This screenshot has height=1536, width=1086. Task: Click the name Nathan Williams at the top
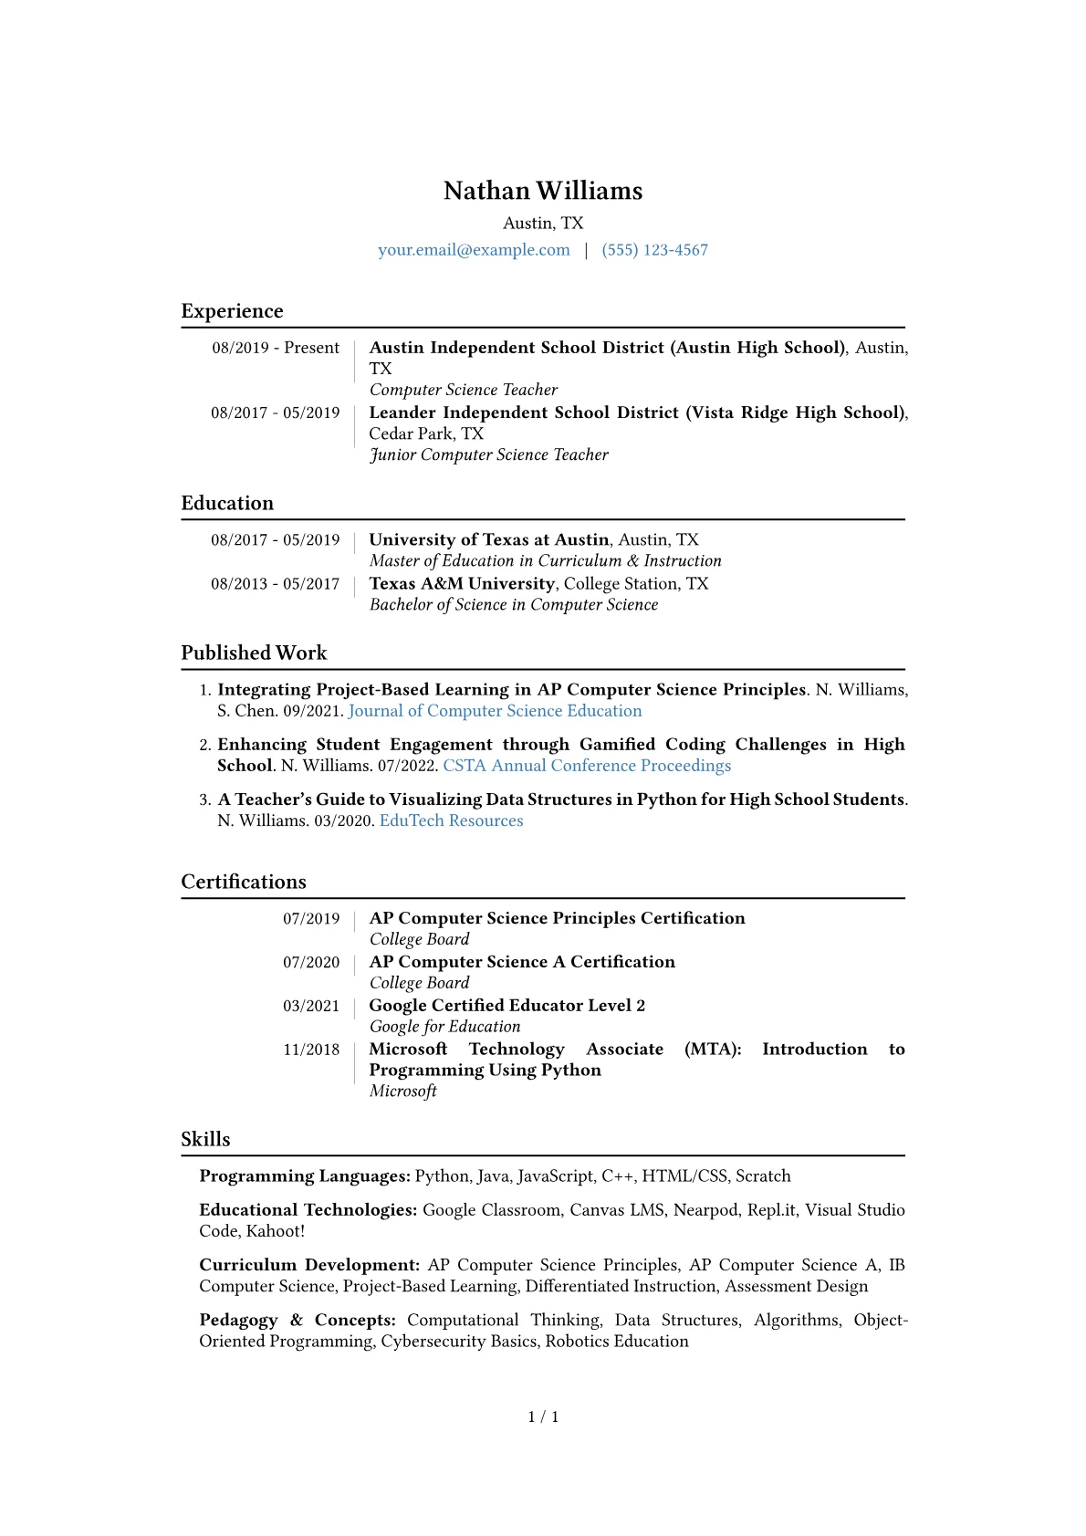pyautogui.click(x=543, y=191)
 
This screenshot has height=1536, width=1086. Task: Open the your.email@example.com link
pyautogui.click(x=474, y=250)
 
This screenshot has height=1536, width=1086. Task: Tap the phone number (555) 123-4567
pyautogui.click(x=654, y=250)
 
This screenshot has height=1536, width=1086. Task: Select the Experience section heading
pyautogui.click(x=232, y=311)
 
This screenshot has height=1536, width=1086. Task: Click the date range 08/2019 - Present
pyautogui.click(x=276, y=348)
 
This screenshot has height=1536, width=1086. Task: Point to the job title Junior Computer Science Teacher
pyautogui.click(x=488, y=455)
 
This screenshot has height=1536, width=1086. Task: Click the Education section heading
pyautogui.click(x=227, y=503)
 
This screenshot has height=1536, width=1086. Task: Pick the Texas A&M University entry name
pyautogui.click(x=462, y=583)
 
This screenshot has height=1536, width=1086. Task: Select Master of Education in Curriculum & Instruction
pyautogui.click(x=545, y=560)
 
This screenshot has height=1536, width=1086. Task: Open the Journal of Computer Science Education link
pyautogui.click(x=495, y=711)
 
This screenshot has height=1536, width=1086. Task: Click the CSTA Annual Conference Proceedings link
pyautogui.click(x=587, y=766)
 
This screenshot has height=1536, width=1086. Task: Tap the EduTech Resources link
pyautogui.click(x=451, y=820)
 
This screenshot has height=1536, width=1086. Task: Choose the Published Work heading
pyautogui.click(x=254, y=653)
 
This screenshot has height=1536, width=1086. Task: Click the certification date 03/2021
pyautogui.click(x=311, y=1006)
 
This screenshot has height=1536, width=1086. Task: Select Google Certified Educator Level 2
pyautogui.click(x=506, y=1005)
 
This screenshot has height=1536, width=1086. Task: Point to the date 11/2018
pyautogui.click(x=311, y=1050)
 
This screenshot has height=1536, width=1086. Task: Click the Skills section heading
pyautogui.click(x=205, y=1139)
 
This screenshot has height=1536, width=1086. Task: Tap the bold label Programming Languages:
pyautogui.click(x=305, y=1176)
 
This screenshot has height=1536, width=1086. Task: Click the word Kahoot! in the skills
pyautogui.click(x=276, y=1231)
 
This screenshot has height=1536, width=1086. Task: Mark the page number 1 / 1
pyautogui.click(x=543, y=1416)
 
